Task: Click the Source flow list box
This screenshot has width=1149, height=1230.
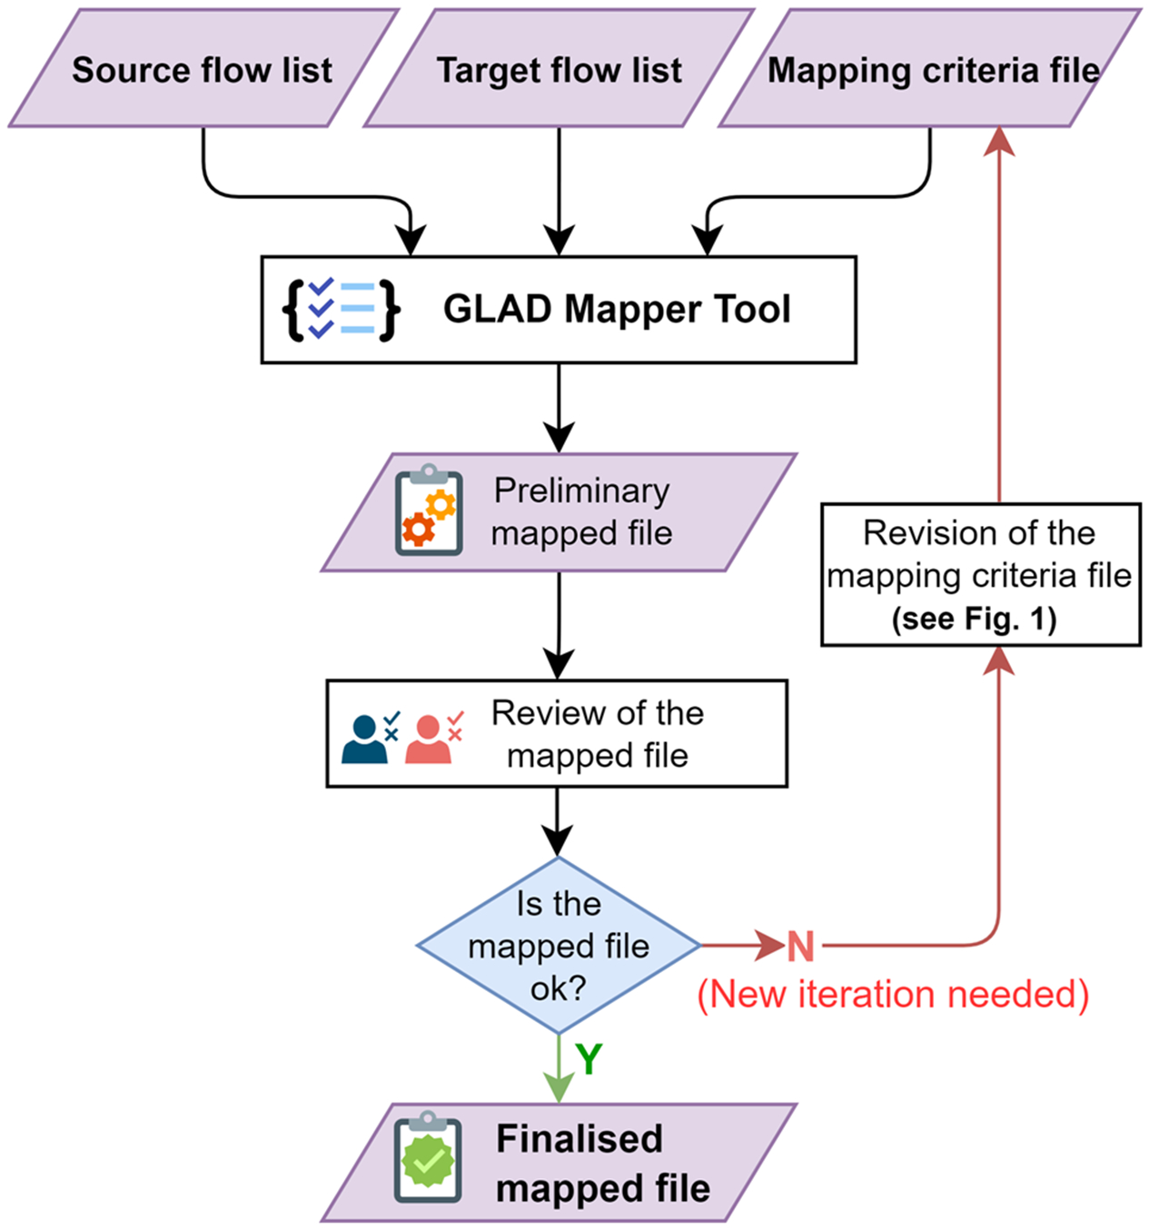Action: pos(203,69)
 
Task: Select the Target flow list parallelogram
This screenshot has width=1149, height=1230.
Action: pos(559,69)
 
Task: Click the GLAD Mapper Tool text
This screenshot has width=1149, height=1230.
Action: pos(616,310)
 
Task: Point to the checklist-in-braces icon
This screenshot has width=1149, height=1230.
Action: pos(341,310)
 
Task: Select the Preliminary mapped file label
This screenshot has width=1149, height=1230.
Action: pos(581,511)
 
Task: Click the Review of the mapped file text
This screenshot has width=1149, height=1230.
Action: pos(597,734)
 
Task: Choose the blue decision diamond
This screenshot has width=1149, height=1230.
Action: pos(558,946)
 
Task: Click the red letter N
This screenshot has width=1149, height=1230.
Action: pos(800,947)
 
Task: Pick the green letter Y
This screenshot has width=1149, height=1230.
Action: pos(589,1059)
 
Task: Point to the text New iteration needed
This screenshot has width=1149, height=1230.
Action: pos(893,994)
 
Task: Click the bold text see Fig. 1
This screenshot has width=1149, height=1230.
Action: pos(974,620)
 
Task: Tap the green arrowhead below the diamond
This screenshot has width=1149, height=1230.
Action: pos(558,1086)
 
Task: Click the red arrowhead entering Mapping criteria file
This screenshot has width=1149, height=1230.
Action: pos(999,141)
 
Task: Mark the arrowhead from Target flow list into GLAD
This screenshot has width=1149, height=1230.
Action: pos(559,242)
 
